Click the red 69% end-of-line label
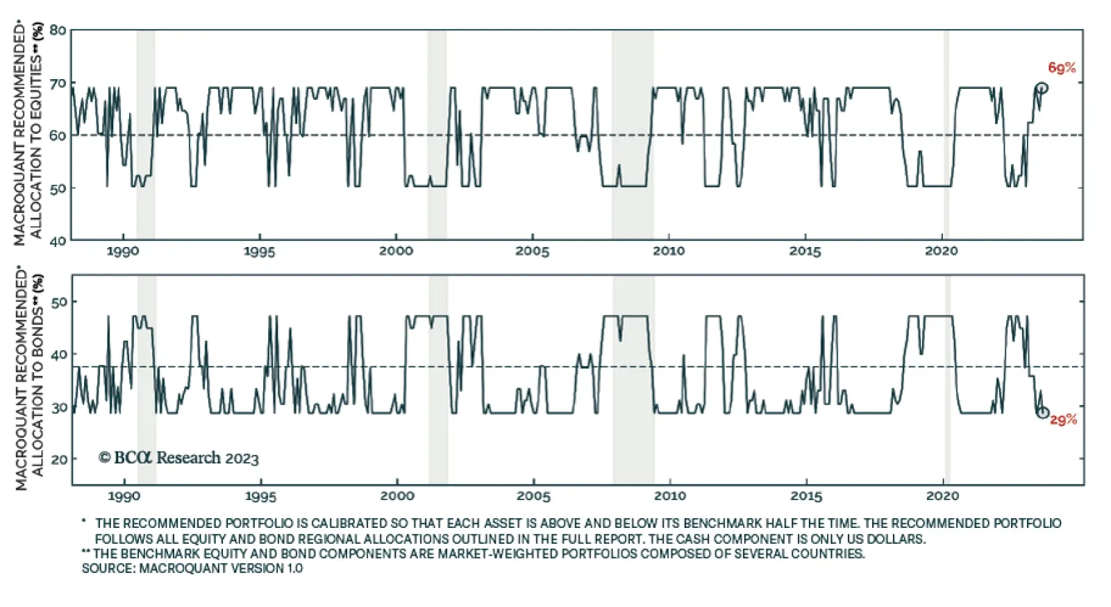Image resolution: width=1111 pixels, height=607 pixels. pyautogui.click(x=1062, y=68)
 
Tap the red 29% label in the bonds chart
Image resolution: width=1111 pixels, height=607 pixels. pyautogui.click(x=1063, y=420)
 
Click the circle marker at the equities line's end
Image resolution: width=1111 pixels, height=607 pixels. pyautogui.click(x=1041, y=88)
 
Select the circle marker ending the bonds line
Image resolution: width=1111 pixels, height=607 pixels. pyautogui.click(x=1043, y=412)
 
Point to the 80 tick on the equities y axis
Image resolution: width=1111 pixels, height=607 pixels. pyautogui.click(x=58, y=31)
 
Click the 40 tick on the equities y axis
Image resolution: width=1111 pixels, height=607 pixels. pyautogui.click(x=58, y=241)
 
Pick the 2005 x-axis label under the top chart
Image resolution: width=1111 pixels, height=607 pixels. pyautogui.click(x=532, y=251)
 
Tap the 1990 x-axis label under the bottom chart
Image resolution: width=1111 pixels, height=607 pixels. pyautogui.click(x=124, y=496)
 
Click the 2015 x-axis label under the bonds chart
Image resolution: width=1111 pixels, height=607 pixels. pyautogui.click(x=806, y=496)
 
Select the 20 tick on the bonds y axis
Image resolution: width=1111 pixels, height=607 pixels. pyautogui.click(x=60, y=459)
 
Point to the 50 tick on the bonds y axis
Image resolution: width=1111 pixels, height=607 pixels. pyautogui.click(x=60, y=302)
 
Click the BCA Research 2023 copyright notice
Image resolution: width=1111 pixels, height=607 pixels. pyautogui.click(x=178, y=458)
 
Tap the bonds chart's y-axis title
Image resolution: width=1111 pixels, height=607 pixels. pyautogui.click(x=29, y=380)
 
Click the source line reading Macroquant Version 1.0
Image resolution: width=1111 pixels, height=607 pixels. pyautogui.click(x=192, y=568)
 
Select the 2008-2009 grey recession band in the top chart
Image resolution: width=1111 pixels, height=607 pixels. pyautogui.click(x=632, y=135)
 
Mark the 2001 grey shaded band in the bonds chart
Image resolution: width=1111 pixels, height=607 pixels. pyautogui.click(x=437, y=379)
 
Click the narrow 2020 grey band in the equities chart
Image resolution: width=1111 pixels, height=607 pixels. pyautogui.click(x=946, y=135)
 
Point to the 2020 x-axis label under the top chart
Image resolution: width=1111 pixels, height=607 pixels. pyautogui.click(x=941, y=251)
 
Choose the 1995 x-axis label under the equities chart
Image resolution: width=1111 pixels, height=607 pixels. pyautogui.click(x=259, y=251)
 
